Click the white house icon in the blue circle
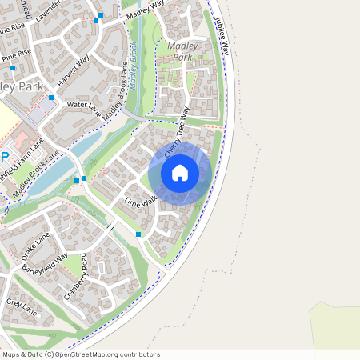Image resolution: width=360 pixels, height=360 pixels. point(180,173)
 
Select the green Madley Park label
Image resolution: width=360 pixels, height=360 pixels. point(182,52)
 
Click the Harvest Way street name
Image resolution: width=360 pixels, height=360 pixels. point(74,70)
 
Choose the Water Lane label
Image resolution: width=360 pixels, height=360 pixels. point(82,105)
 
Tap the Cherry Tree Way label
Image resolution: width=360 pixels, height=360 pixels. point(178,131)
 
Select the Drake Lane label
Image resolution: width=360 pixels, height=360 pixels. point(35,246)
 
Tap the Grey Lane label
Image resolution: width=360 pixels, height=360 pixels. point(22,303)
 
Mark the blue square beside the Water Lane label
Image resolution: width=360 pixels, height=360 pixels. point(51,98)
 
